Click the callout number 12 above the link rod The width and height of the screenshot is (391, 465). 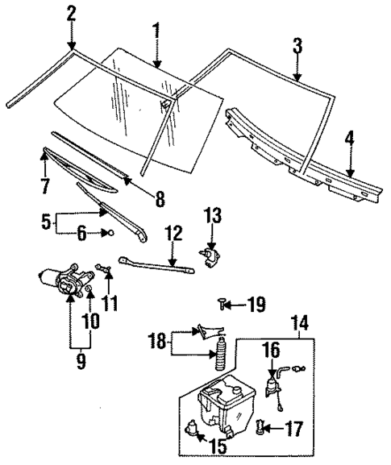click(172, 233)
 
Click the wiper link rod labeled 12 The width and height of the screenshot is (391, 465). click(157, 261)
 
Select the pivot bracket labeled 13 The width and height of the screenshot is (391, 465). click(211, 256)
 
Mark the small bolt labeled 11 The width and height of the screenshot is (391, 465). click(100, 267)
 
